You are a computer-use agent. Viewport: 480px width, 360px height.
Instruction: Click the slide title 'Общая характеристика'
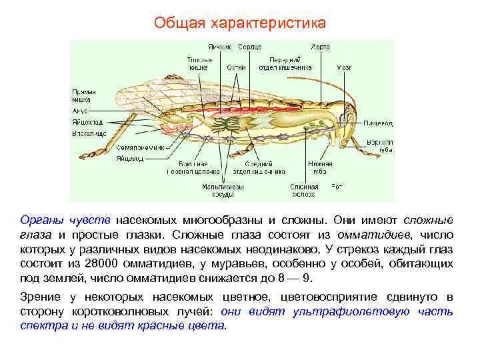click(240, 23)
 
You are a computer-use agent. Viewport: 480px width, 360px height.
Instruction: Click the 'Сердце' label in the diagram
click(251, 47)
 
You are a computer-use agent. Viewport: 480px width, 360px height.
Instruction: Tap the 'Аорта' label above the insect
click(320, 47)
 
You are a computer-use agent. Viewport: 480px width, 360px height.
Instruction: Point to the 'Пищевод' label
click(378, 123)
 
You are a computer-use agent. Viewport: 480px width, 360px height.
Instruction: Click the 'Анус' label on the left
click(80, 111)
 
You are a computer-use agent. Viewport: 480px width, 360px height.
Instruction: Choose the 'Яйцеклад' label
click(88, 123)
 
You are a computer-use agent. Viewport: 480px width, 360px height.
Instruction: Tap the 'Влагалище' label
click(89, 133)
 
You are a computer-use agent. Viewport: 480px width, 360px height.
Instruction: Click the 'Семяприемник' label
click(141, 147)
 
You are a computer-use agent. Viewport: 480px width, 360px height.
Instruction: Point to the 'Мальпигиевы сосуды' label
click(223, 191)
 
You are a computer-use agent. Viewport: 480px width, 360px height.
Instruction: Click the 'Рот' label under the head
click(337, 187)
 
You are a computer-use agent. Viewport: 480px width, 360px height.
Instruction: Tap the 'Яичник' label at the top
click(220, 47)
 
